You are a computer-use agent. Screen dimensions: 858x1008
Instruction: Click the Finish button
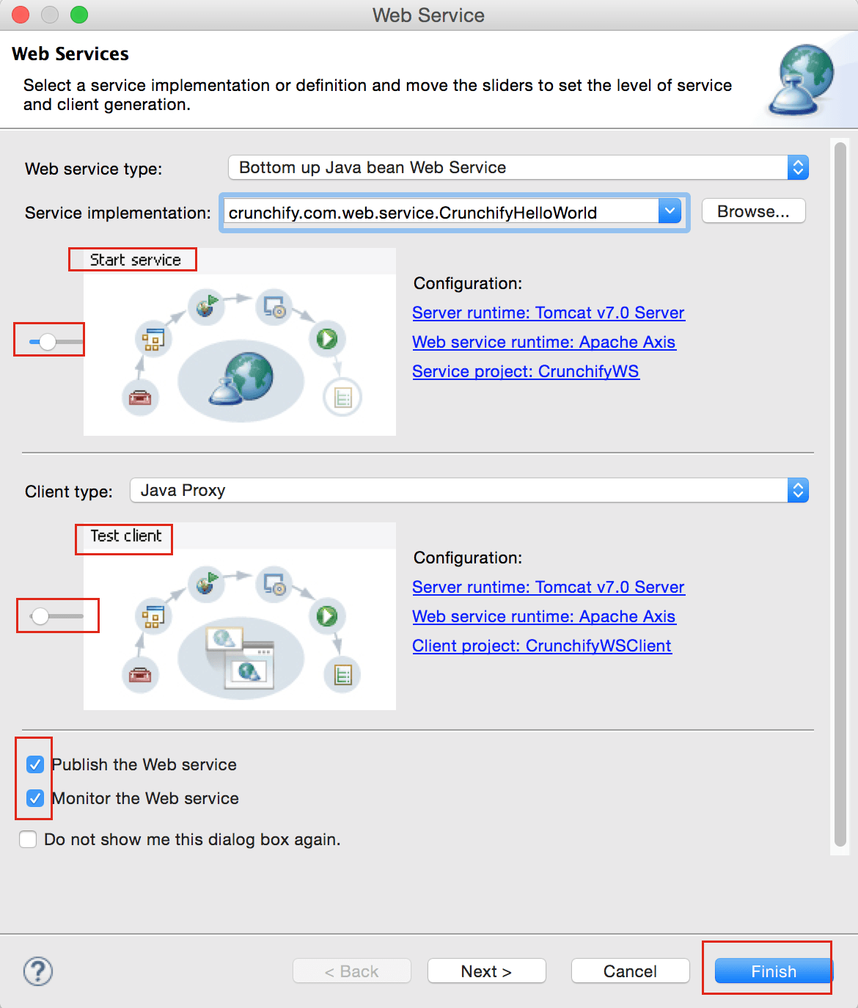(774, 971)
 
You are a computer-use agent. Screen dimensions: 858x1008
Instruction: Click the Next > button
(486, 971)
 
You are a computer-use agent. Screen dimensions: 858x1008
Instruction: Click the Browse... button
(753, 211)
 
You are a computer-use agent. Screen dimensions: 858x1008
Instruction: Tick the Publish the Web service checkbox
(35, 764)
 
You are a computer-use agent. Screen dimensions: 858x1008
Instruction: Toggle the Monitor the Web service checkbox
(35, 798)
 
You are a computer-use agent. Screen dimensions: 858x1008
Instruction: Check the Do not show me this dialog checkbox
(29, 839)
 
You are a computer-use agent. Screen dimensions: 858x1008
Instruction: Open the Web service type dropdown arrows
(798, 167)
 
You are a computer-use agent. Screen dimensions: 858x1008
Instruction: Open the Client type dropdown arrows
(798, 490)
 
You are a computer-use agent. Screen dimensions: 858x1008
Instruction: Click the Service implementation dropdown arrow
(670, 211)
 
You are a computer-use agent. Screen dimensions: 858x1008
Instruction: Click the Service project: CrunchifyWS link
(526, 371)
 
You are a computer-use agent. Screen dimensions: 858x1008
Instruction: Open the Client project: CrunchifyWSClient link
(542, 646)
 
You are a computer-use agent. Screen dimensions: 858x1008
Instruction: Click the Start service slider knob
(47, 341)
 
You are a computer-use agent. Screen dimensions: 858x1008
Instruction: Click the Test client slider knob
(40, 616)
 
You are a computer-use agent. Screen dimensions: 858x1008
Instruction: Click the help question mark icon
(38, 971)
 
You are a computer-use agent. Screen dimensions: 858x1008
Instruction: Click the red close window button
(21, 15)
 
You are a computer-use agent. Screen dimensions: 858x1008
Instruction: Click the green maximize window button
(79, 15)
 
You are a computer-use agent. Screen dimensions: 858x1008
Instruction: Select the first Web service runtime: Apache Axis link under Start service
(544, 342)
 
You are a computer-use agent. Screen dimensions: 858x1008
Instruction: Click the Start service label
(136, 260)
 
